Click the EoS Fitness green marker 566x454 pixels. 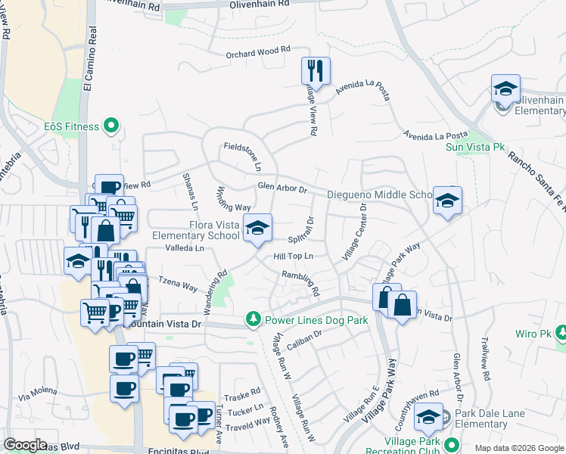112,126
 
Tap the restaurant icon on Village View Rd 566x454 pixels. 316,70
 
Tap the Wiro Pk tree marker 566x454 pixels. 561,333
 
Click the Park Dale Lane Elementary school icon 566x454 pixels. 429,416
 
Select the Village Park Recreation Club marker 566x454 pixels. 453,444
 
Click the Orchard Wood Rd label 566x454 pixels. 258,51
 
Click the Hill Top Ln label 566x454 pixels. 293,257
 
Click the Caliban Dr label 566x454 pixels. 306,339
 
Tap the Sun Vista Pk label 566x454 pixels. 474,147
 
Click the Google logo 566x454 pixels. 26,445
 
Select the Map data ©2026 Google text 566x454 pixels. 518,448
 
